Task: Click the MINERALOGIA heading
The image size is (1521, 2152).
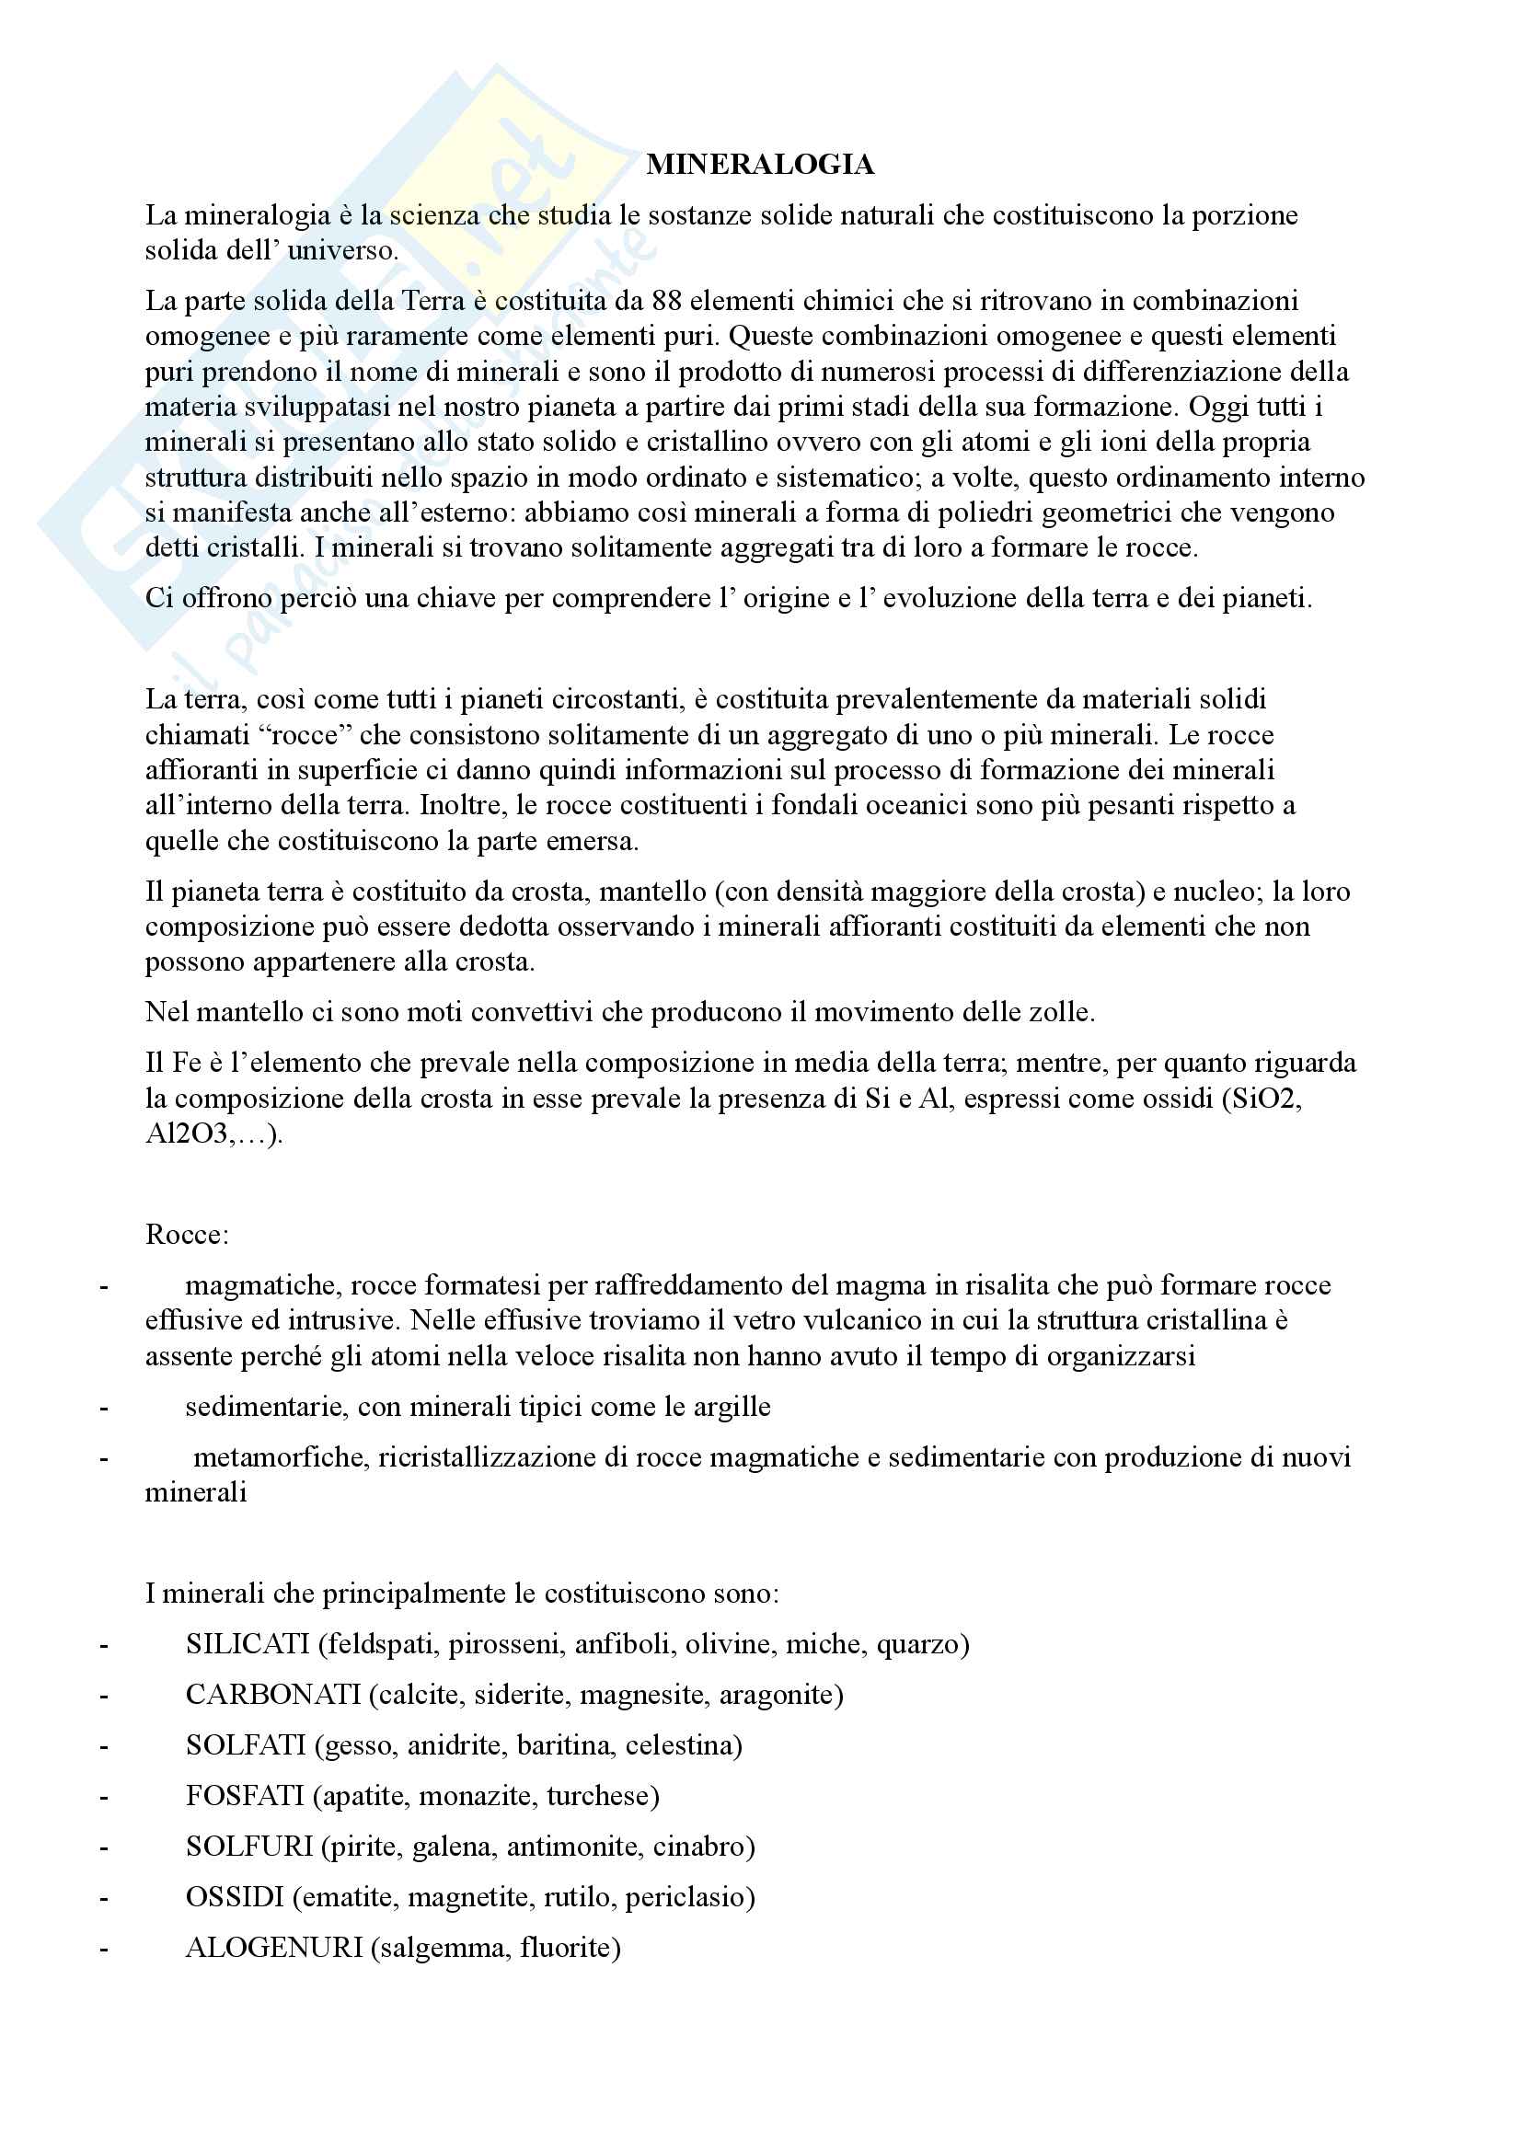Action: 759,165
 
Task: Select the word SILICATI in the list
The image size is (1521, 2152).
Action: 248,1644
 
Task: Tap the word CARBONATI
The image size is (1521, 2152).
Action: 272,1695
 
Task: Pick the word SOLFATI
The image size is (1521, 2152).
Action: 246,1745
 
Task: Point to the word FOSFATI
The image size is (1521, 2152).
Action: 245,1796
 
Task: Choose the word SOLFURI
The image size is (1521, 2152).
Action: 248,1847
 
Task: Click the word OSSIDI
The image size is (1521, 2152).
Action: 235,1897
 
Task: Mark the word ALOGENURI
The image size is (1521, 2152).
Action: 273,1948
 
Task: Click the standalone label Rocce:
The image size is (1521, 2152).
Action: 187,1235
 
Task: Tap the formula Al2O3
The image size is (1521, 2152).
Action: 187,1134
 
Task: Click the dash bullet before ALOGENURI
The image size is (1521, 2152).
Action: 103,1949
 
